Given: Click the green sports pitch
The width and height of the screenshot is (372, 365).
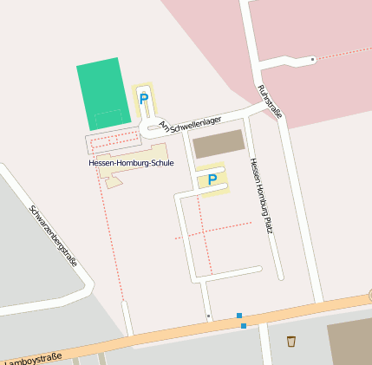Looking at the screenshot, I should [99, 92].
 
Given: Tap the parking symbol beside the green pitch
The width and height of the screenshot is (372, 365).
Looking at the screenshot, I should [144, 99].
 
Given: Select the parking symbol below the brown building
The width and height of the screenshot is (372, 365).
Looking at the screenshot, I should [212, 179].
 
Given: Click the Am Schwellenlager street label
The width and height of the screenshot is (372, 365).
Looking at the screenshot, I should [190, 125].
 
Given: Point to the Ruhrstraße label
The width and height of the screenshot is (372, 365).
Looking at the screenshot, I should [271, 101].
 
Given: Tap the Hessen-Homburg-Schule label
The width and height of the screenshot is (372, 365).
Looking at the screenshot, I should [131, 163].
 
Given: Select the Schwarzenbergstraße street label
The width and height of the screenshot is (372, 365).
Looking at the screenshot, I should [54, 236].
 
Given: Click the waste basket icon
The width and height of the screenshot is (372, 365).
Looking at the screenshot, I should [290, 341].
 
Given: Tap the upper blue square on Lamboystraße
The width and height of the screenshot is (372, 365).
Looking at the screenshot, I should [238, 316].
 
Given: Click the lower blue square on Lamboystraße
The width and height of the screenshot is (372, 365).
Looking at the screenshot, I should [244, 326].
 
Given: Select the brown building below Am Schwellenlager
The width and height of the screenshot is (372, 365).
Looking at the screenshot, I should [219, 144].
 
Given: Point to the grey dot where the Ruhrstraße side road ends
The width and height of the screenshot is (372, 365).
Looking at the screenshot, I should [312, 59].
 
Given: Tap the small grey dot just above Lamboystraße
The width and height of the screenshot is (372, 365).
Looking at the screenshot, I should [208, 316].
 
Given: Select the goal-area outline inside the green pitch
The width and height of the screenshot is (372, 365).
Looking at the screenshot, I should [108, 116].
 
